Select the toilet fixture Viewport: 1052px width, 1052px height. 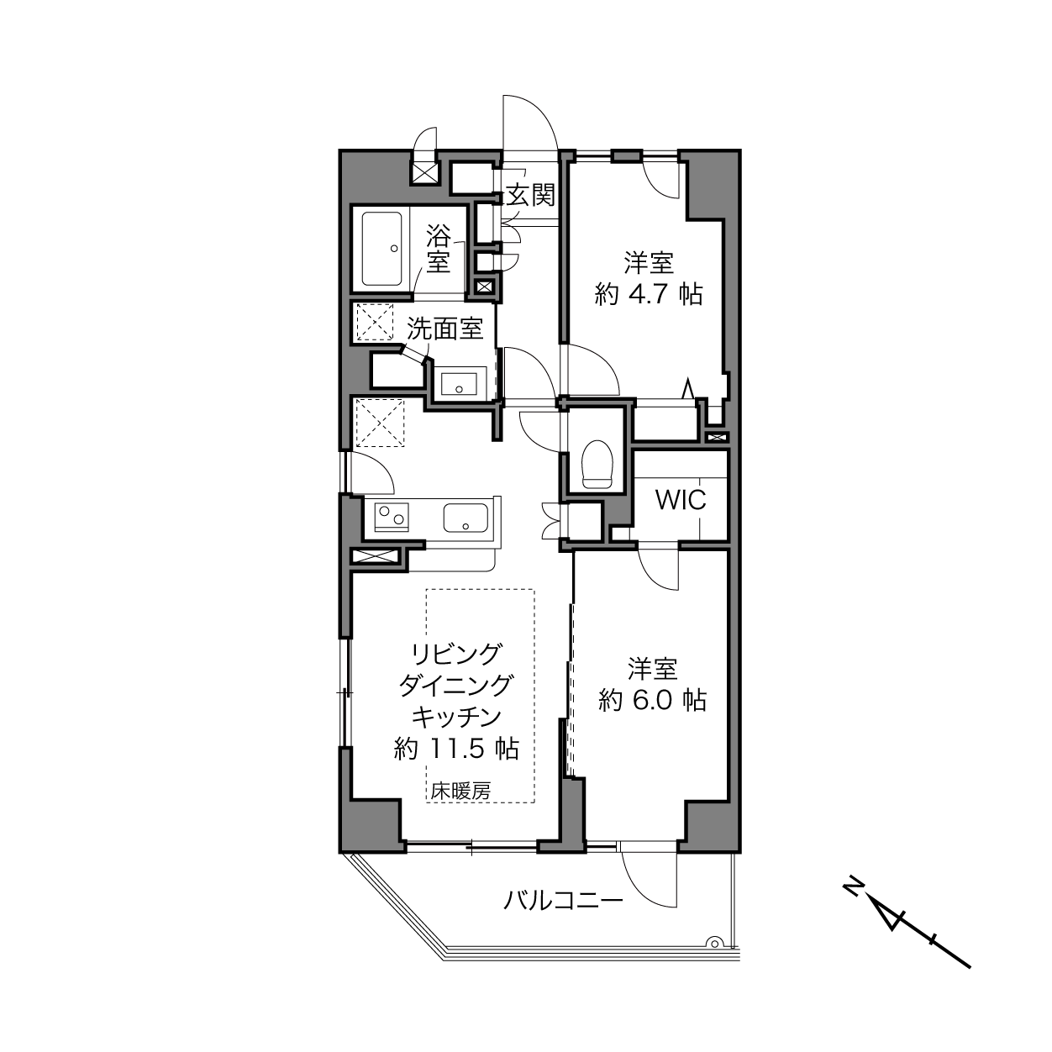(x=597, y=464)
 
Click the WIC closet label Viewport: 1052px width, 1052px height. (x=681, y=499)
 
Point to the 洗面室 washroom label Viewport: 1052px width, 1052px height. (x=445, y=329)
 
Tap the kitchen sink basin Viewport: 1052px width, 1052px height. (x=466, y=518)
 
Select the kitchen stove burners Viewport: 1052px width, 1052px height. (x=392, y=517)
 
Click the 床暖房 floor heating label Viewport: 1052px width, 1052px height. (x=460, y=791)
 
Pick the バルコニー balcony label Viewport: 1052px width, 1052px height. (x=563, y=900)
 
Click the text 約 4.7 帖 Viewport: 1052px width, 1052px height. (x=648, y=295)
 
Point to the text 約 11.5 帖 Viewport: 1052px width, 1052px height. (x=456, y=749)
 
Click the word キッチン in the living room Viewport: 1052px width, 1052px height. (x=456, y=717)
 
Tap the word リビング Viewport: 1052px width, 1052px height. (x=456, y=653)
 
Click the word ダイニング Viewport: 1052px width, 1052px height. (x=456, y=685)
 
